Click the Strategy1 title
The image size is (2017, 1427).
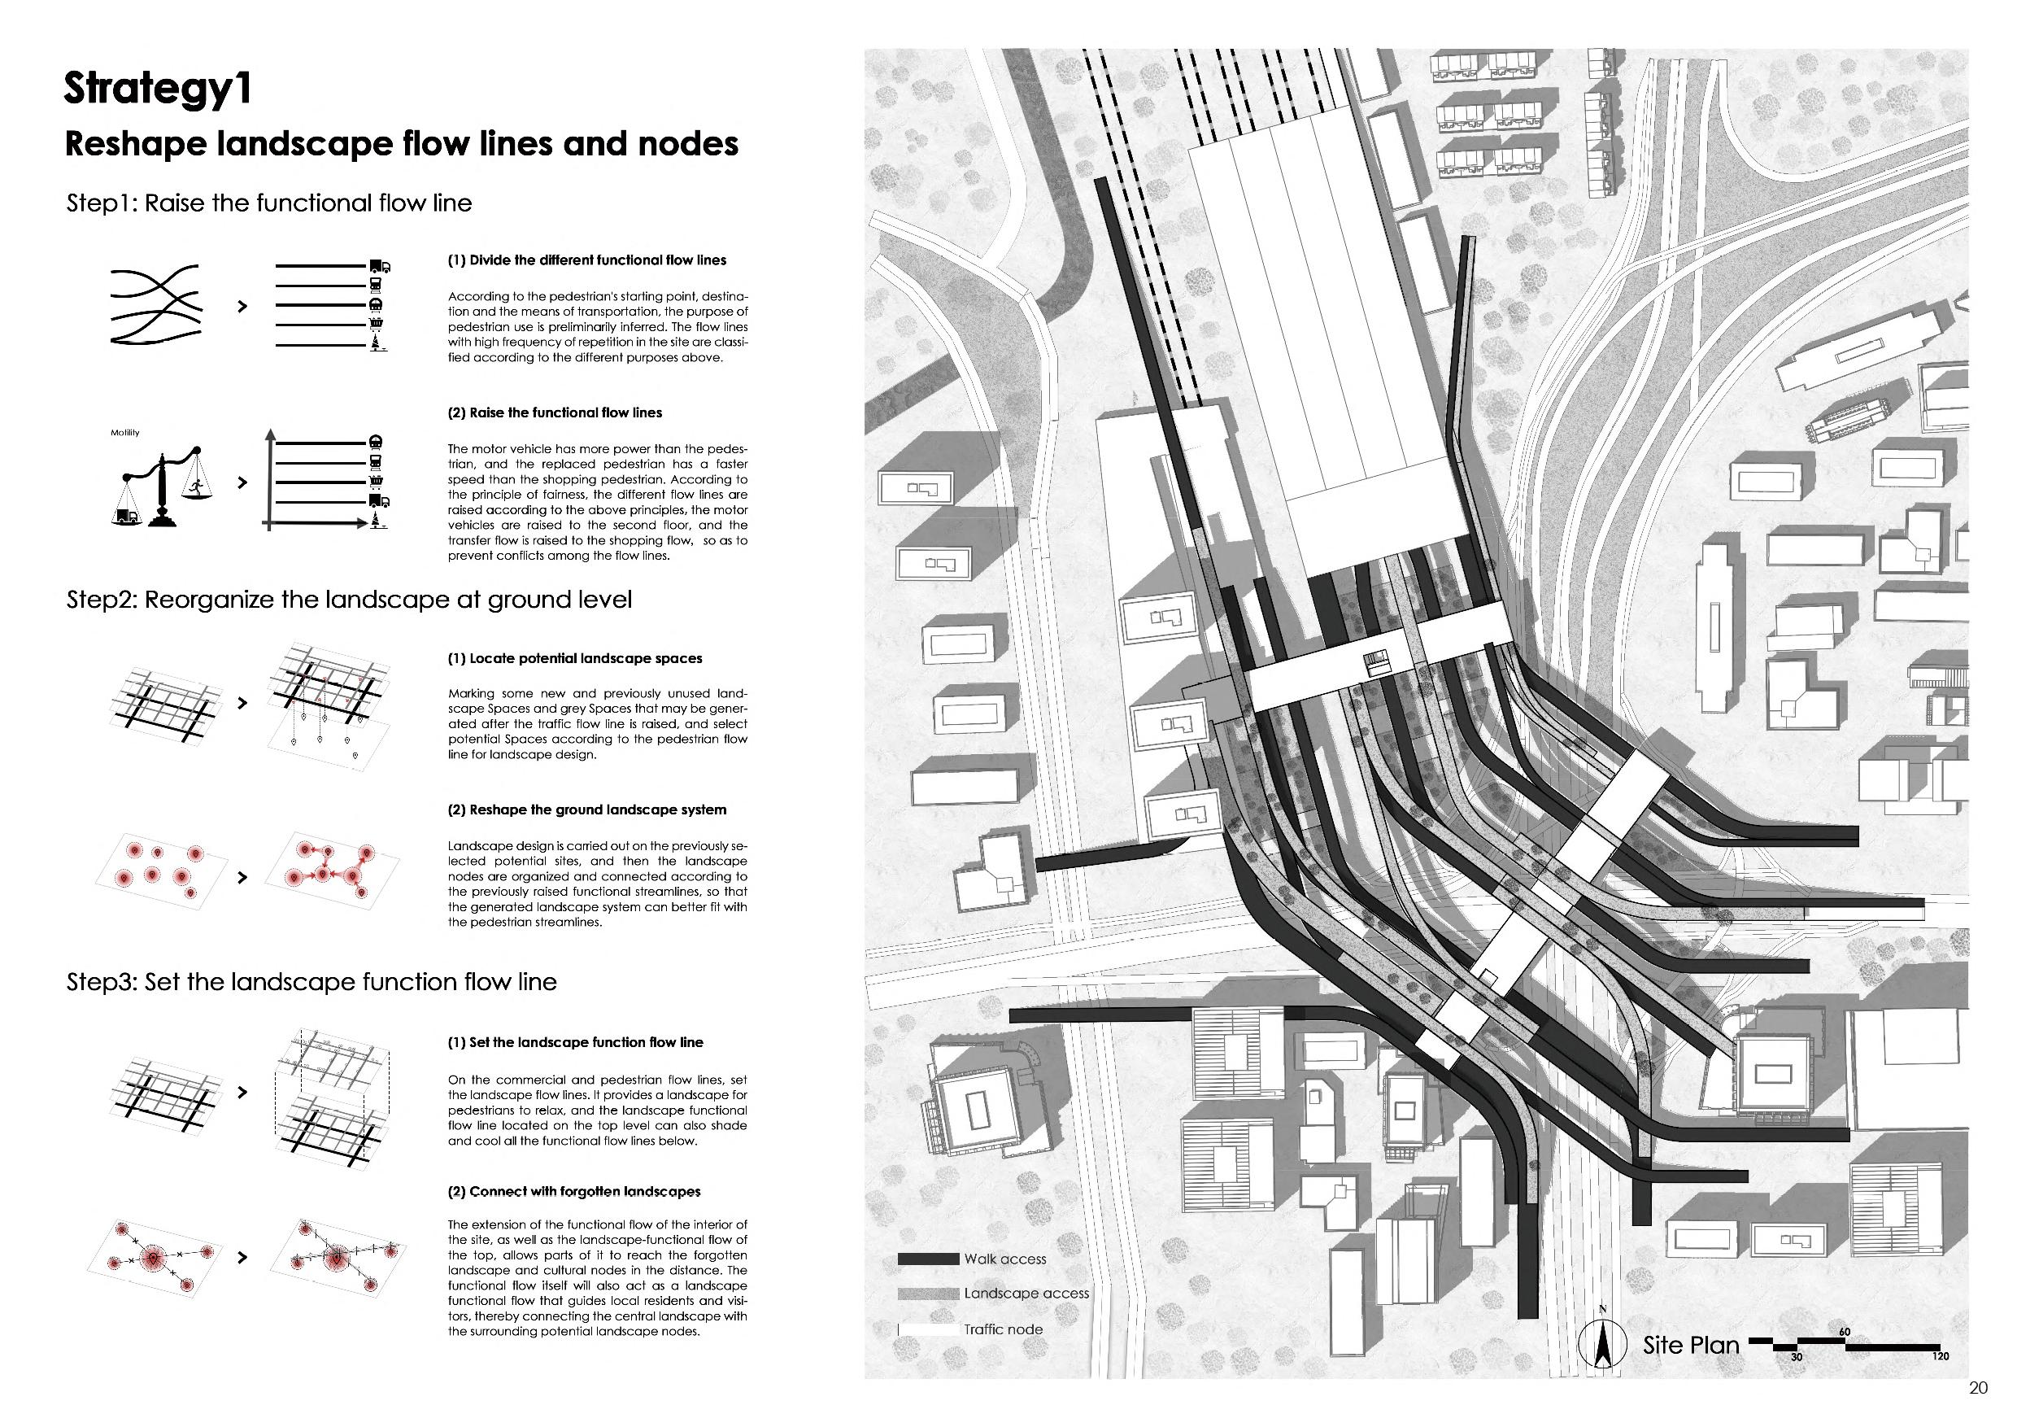tap(157, 89)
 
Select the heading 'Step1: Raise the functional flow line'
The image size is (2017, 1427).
tap(269, 203)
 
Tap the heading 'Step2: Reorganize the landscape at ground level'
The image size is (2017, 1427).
tap(349, 600)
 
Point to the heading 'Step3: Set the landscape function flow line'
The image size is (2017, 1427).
tap(311, 981)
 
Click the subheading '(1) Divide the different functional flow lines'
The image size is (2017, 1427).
tap(587, 260)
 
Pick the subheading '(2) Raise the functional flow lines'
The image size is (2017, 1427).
tap(555, 413)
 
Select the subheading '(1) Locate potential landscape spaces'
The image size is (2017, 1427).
tap(574, 658)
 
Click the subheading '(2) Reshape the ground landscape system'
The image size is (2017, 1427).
tap(587, 810)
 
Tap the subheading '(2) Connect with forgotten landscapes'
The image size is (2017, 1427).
tap(573, 1192)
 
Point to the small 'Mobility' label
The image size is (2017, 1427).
tap(124, 432)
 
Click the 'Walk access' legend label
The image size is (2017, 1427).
tap(1005, 1259)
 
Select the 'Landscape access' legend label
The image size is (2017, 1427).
tap(1026, 1294)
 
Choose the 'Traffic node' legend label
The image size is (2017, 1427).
tap(1004, 1329)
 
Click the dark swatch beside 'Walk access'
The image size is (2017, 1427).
tap(928, 1259)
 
